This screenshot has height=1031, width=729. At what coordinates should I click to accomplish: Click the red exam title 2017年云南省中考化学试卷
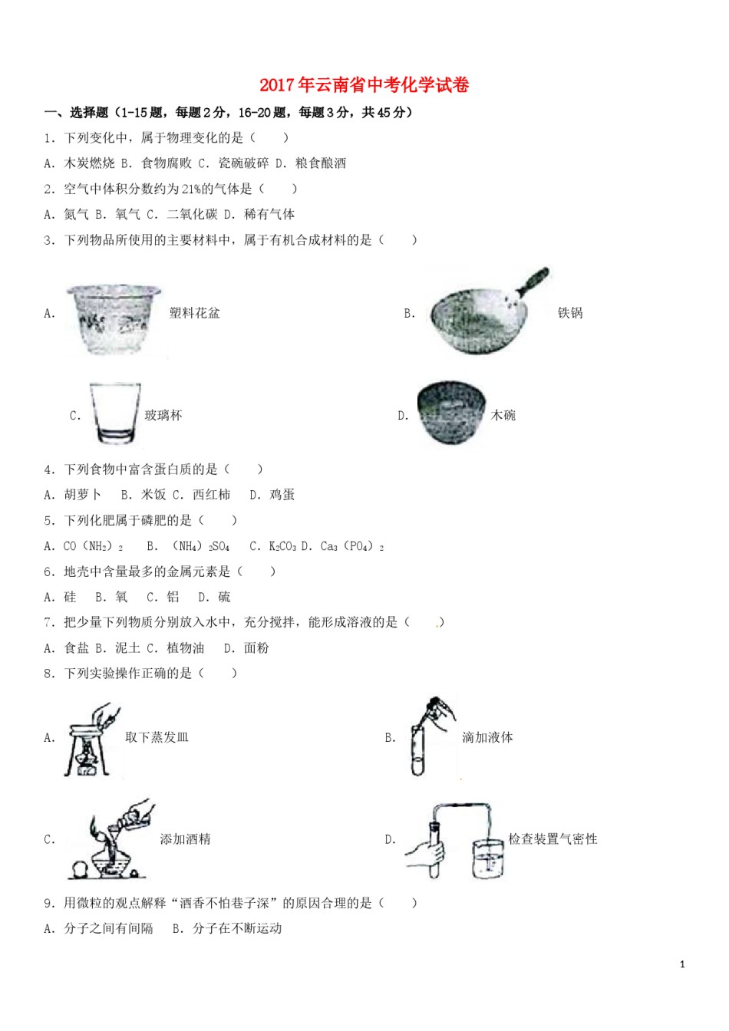[364, 85]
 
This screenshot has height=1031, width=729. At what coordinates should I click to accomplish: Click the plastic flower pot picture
[114, 318]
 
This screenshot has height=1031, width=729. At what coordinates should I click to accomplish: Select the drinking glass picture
[115, 413]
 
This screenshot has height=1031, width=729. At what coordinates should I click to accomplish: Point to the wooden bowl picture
[451, 413]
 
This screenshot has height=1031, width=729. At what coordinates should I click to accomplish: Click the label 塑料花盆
[194, 313]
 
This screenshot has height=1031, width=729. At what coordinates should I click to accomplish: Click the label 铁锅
[570, 313]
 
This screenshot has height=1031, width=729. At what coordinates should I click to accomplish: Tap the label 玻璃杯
[163, 415]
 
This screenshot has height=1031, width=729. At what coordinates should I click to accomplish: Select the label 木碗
[503, 415]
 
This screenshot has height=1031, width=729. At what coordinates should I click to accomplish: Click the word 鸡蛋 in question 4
[282, 495]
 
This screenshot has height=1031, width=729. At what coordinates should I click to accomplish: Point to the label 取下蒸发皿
[157, 737]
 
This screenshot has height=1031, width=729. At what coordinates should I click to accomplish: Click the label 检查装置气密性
[553, 839]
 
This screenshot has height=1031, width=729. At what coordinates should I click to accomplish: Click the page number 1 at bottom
[682, 964]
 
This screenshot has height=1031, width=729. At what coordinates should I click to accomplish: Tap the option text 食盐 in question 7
[77, 648]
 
